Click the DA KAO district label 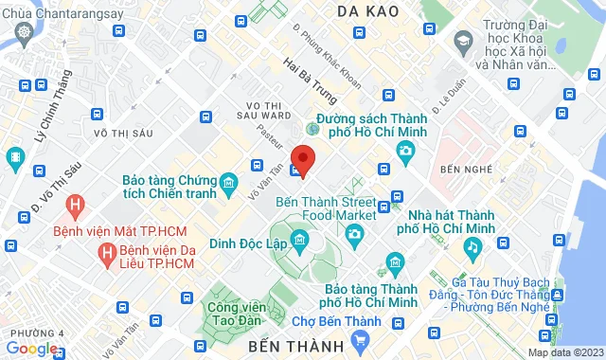click(372, 11)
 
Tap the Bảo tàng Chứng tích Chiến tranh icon click(228, 182)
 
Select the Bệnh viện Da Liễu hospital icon click(105, 253)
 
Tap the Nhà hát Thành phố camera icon click(406, 150)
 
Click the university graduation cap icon click(462, 42)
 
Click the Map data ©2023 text click(563, 352)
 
